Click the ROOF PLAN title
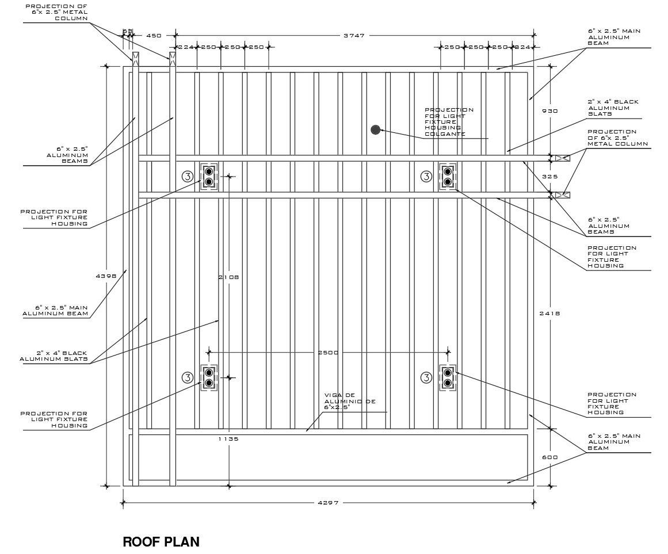tap(161, 542)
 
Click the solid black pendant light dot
tap(375, 129)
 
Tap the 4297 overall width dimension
tap(329, 502)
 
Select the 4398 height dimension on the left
tap(106, 276)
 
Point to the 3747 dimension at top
tap(354, 35)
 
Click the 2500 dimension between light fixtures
tap(328, 353)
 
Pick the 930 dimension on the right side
tap(550, 110)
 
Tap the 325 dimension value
tap(550, 176)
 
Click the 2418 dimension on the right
tap(550, 314)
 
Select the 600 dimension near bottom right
tap(550, 457)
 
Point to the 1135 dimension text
tap(229, 438)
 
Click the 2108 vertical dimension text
tap(229, 277)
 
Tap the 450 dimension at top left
tap(154, 35)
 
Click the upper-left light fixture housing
tap(209, 176)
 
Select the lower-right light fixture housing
tap(448, 378)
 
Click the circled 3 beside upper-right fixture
tap(426, 176)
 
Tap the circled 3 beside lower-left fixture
tap(188, 378)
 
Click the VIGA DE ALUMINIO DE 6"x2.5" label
tap(350, 401)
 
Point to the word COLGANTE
tap(445, 133)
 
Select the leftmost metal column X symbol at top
tap(135, 59)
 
